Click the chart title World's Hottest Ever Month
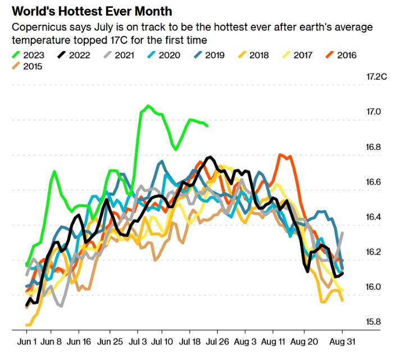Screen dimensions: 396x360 point(92,11)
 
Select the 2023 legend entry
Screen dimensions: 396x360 point(28,55)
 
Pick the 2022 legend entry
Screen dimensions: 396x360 point(74,55)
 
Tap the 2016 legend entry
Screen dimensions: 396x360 point(341,55)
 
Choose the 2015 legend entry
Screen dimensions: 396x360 point(27,66)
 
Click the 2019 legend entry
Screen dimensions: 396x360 point(210,55)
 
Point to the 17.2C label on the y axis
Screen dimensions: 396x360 point(376,76)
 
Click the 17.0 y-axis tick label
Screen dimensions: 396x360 point(374,112)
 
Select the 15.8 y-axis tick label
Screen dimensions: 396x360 point(374,322)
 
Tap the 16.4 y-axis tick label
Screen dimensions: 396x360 point(374,217)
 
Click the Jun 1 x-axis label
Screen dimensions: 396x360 point(27,342)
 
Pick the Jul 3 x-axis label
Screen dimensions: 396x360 point(138,342)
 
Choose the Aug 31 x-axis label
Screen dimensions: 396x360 point(343,342)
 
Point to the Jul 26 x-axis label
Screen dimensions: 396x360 point(217,342)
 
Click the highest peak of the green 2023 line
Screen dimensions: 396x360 point(148,106)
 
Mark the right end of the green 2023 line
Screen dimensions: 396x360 point(207,126)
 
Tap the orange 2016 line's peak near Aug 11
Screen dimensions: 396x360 point(280,154)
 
